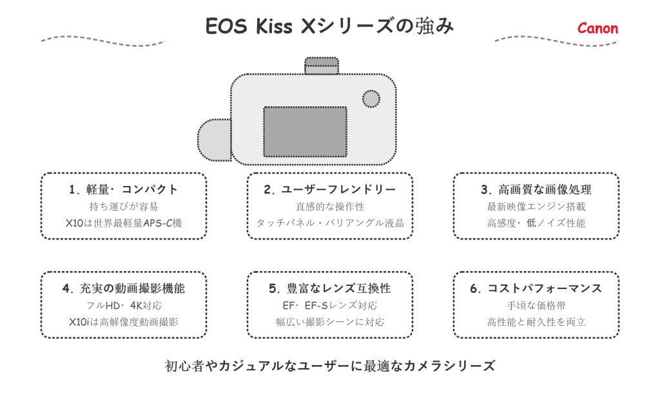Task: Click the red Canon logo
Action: click(597, 28)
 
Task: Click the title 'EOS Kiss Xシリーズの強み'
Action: click(329, 26)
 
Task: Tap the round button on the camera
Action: click(371, 98)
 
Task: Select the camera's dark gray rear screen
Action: click(305, 131)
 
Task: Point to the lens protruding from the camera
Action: click(214, 139)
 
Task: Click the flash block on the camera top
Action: click(322, 66)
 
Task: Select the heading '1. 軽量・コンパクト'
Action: click(124, 189)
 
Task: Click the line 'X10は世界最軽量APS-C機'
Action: click(124, 223)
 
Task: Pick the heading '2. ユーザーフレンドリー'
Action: click(330, 189)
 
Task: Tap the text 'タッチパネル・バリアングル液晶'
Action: click(330, 223)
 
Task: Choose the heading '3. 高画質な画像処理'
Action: click(536, 189)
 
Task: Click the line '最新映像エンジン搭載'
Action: click(536, 207)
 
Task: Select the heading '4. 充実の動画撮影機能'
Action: click(124, 288)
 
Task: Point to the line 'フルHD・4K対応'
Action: click(124, 305)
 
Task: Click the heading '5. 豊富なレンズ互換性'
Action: click(330, 288)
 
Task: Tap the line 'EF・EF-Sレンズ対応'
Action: click(330, 305)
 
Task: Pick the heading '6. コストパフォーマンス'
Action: click(536, 288)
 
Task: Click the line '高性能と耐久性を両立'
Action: click(536, 322)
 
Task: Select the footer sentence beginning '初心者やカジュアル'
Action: click(330, 366)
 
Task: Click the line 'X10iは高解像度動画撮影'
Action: click(124, 322)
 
